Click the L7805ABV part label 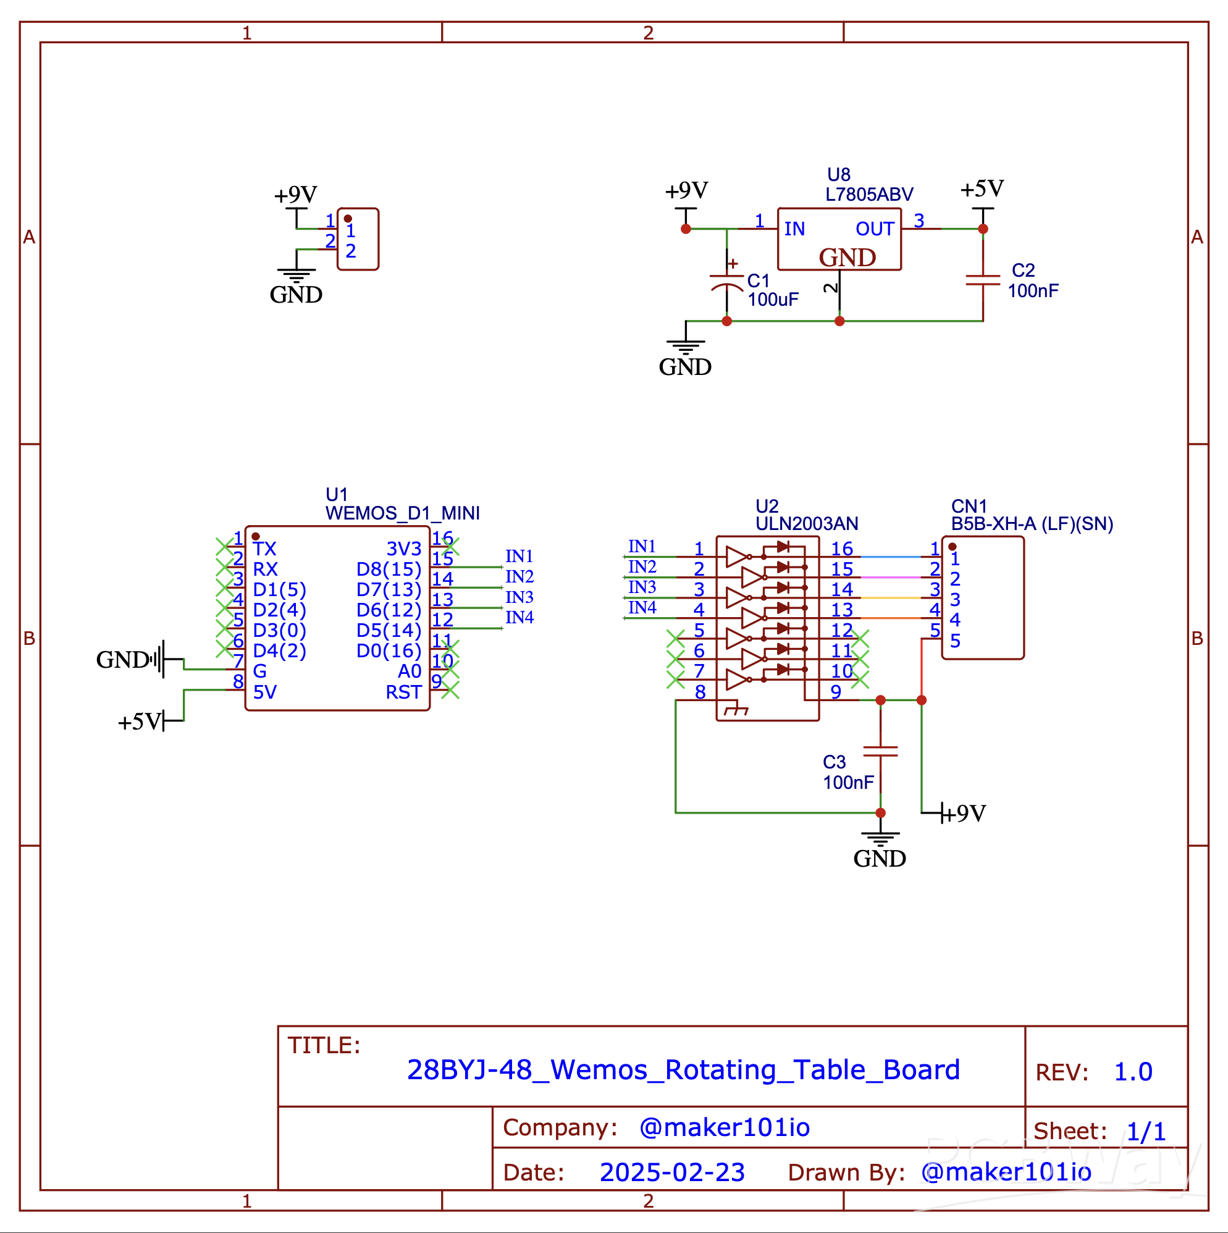click(868, 194)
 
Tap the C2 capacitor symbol click(982, 280)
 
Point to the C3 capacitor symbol click(880, 751)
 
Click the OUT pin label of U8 click(874, 229)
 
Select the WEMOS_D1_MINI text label click(402, 513)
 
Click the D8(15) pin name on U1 click(388, 569)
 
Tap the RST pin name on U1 click(403, 692)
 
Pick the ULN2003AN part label click(806, 523)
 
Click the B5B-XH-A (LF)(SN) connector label click(1032, 523)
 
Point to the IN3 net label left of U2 click(641, 586)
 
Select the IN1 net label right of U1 click(519, 556)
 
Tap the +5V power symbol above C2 click(982, 190)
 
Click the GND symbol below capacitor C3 click(880, 849)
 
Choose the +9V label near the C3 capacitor click(965, 813)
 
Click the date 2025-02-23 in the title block click(672, 1172)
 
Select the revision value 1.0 click(1133, 1072)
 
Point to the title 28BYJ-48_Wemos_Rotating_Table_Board click(683, 1070)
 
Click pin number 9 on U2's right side click(836, 692)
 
